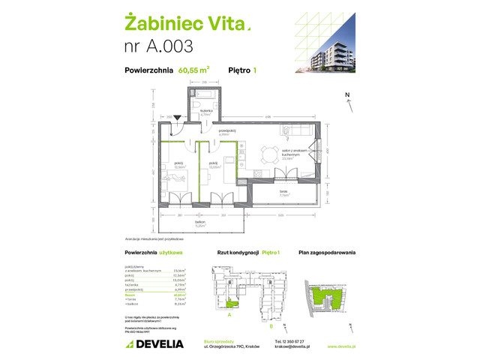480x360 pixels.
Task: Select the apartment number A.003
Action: coord(157,46)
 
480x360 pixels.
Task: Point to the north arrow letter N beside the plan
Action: coord(346,94)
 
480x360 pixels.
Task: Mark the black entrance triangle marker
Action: coord(177,117)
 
